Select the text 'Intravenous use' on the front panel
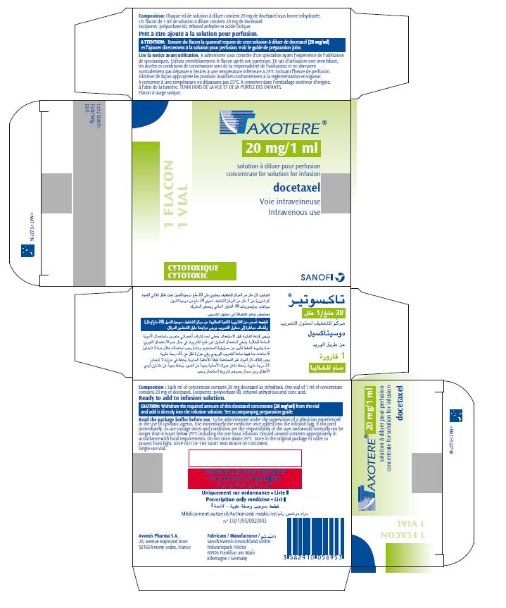coord(293,212)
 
